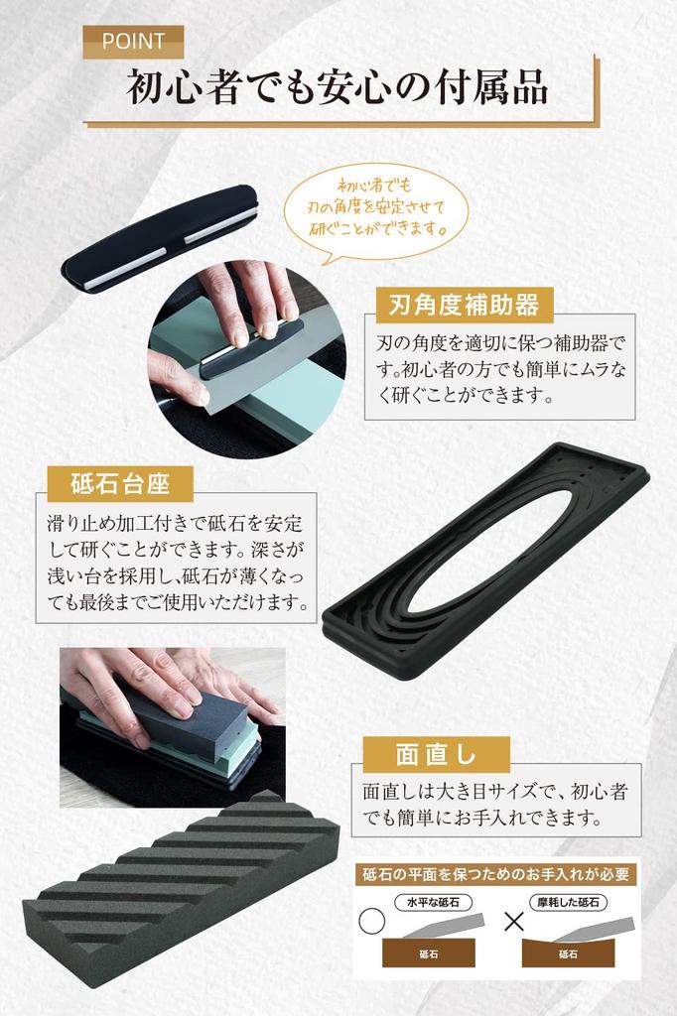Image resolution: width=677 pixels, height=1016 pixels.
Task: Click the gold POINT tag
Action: (x=132, y=41)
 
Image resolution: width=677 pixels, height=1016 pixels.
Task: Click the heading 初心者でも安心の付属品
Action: (x=338, y=88)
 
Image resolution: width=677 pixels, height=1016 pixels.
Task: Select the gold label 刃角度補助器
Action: (x=464, y=304)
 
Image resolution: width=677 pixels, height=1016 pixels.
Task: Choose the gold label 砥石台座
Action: (x=120, y=484)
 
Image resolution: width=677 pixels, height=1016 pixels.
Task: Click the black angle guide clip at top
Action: (x=159, y=236)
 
